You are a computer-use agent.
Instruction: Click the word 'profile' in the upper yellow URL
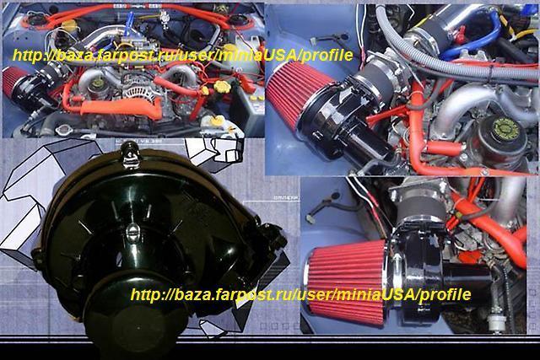[x=327, y=55]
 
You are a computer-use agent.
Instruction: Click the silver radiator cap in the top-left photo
[x=64, y=129]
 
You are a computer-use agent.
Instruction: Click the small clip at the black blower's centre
[x=132, y=231]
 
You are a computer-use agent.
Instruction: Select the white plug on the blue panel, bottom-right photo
[x=310, y=218]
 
